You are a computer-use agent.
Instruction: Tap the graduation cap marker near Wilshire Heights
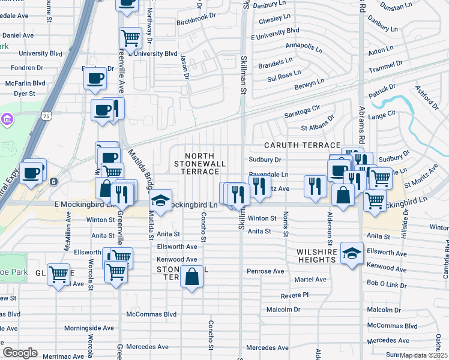pos(352,253)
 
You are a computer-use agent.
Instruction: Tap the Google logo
pos(20,353)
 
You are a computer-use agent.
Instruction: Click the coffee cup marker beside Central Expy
pos(31,172)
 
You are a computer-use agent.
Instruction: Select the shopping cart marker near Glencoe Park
pos(58,275)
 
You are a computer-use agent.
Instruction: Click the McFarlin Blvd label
pos(25,83)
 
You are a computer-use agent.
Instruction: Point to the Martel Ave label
pos(310,280)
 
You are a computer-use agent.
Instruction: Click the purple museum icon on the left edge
pos(7,119)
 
